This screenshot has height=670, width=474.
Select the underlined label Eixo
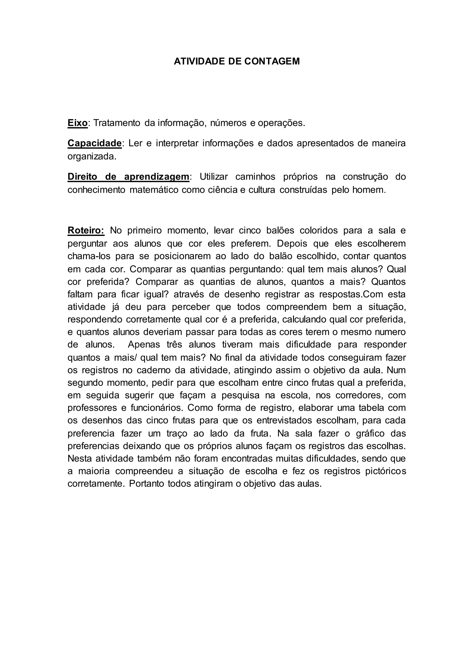click(x=77, y=123)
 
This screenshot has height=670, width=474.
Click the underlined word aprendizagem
click(x=157, y=177)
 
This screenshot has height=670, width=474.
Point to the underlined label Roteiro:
click(x=86, y=230)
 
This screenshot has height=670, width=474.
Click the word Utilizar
click(x=214, y=177)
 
